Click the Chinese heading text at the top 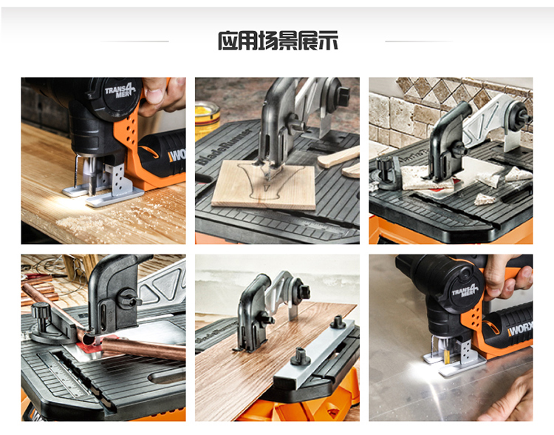tap(277, 41)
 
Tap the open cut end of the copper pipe tap(88, 340)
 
